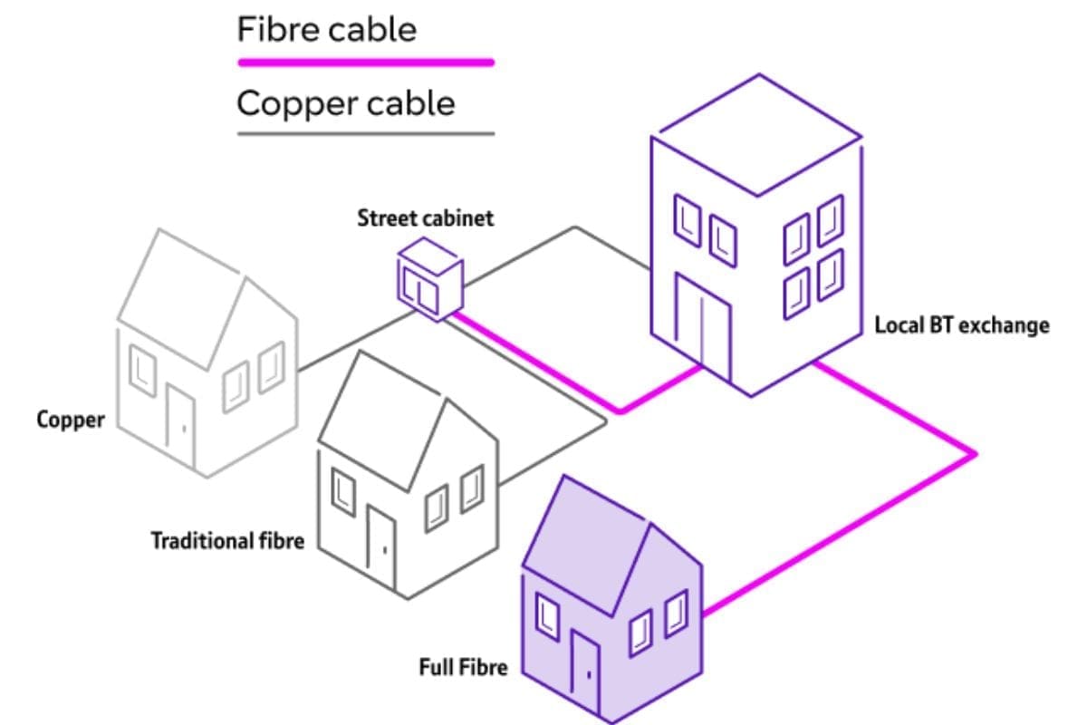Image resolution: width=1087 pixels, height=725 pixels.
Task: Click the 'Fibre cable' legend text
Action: pyautogui.click(x=326, y=30)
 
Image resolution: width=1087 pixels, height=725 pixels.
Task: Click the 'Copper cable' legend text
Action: pyautogui.click(x=345, y=103)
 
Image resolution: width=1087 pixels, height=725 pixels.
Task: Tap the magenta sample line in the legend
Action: pyautogui.click(x=365, y=63)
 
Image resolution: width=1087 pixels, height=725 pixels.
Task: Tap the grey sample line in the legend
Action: pyautogui.click(x=365, y=134)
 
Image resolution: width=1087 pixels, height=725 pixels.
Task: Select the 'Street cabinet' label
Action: pyautogui.click(x=425, y=218)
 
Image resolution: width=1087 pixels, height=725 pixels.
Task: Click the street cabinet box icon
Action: pyautogui.click(x=430, y=278)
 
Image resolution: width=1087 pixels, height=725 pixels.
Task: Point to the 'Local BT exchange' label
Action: pyautogui.click(x=961, y=324)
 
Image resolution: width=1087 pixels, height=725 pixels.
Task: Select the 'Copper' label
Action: pyautogui.click(x=71, y=420)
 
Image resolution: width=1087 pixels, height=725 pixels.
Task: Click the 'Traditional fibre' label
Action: pyautogui.click(x=226, y=542)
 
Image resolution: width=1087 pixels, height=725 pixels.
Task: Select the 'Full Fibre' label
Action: pyautogui.click(x=463, y=669)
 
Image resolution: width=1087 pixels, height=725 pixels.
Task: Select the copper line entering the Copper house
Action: pyautogui.click(x=344, y=344)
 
